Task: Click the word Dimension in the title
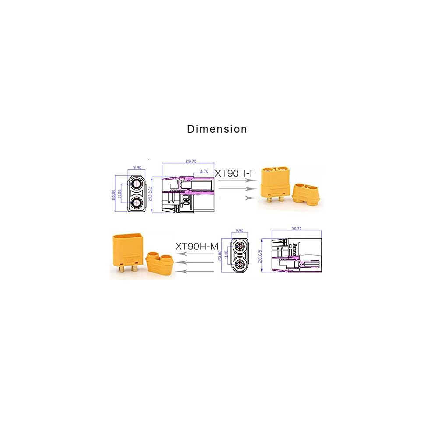tap(217, 129)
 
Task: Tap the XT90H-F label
tap(235, 173)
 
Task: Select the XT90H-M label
tap(197, 246)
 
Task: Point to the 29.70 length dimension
tap(190, 162)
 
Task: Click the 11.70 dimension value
tap(203, 171)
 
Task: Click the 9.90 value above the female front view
tap(138, 167)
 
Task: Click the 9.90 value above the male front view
tap(239, 230)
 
